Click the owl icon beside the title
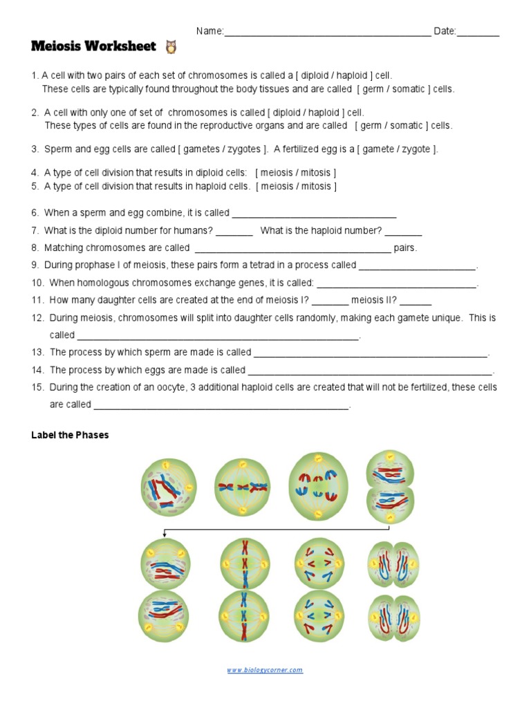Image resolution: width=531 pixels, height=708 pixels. click(x=171, y=47)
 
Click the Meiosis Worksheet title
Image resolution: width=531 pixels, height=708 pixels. click(x=94, y=47)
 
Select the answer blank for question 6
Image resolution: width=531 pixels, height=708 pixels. click(x=315, y=214)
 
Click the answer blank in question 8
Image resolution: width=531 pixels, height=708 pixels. click(x=293, y=248)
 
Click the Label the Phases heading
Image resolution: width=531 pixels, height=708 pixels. click(x=70, y=436)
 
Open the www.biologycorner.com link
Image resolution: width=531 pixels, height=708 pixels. click(x=265, y=670)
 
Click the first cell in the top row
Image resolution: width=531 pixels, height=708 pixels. click(x=168, y=488)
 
